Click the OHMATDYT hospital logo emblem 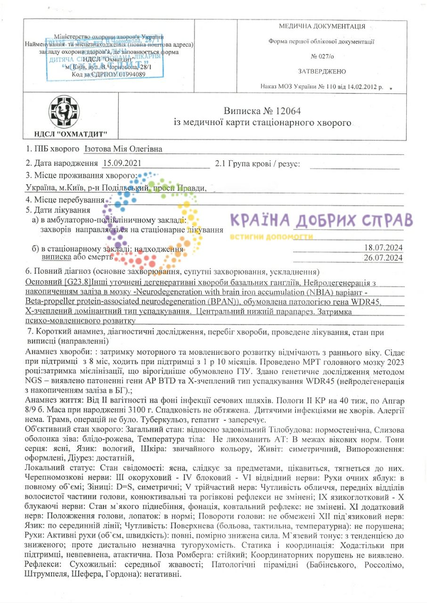tap(65, 112)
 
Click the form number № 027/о tap(322, 56)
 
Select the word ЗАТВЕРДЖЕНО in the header tap(322, 71)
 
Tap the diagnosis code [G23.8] tap(77, 282)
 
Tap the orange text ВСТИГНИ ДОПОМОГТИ tap(272, 236)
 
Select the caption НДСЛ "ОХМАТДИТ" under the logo tap(65, 135)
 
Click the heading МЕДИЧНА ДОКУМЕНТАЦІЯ tap(322, 26)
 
